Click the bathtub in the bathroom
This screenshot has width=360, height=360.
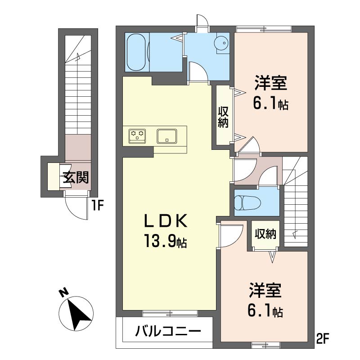(x=137, y=52)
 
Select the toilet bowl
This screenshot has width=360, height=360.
(x=245, y=202)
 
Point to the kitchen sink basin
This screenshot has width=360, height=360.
(x=167, y=135)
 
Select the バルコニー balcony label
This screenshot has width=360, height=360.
(x=168, y=333)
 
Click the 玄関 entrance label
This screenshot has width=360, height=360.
(x=75, y=177)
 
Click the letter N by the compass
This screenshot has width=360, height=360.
(x=64, y=293)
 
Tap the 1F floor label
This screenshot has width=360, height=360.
(x=98, y=206)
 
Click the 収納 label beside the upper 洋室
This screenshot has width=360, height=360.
(x=223, y=117)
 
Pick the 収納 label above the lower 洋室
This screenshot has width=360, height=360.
(x=265, y=234)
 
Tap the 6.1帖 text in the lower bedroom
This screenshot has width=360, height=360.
(x=265, y=311)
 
